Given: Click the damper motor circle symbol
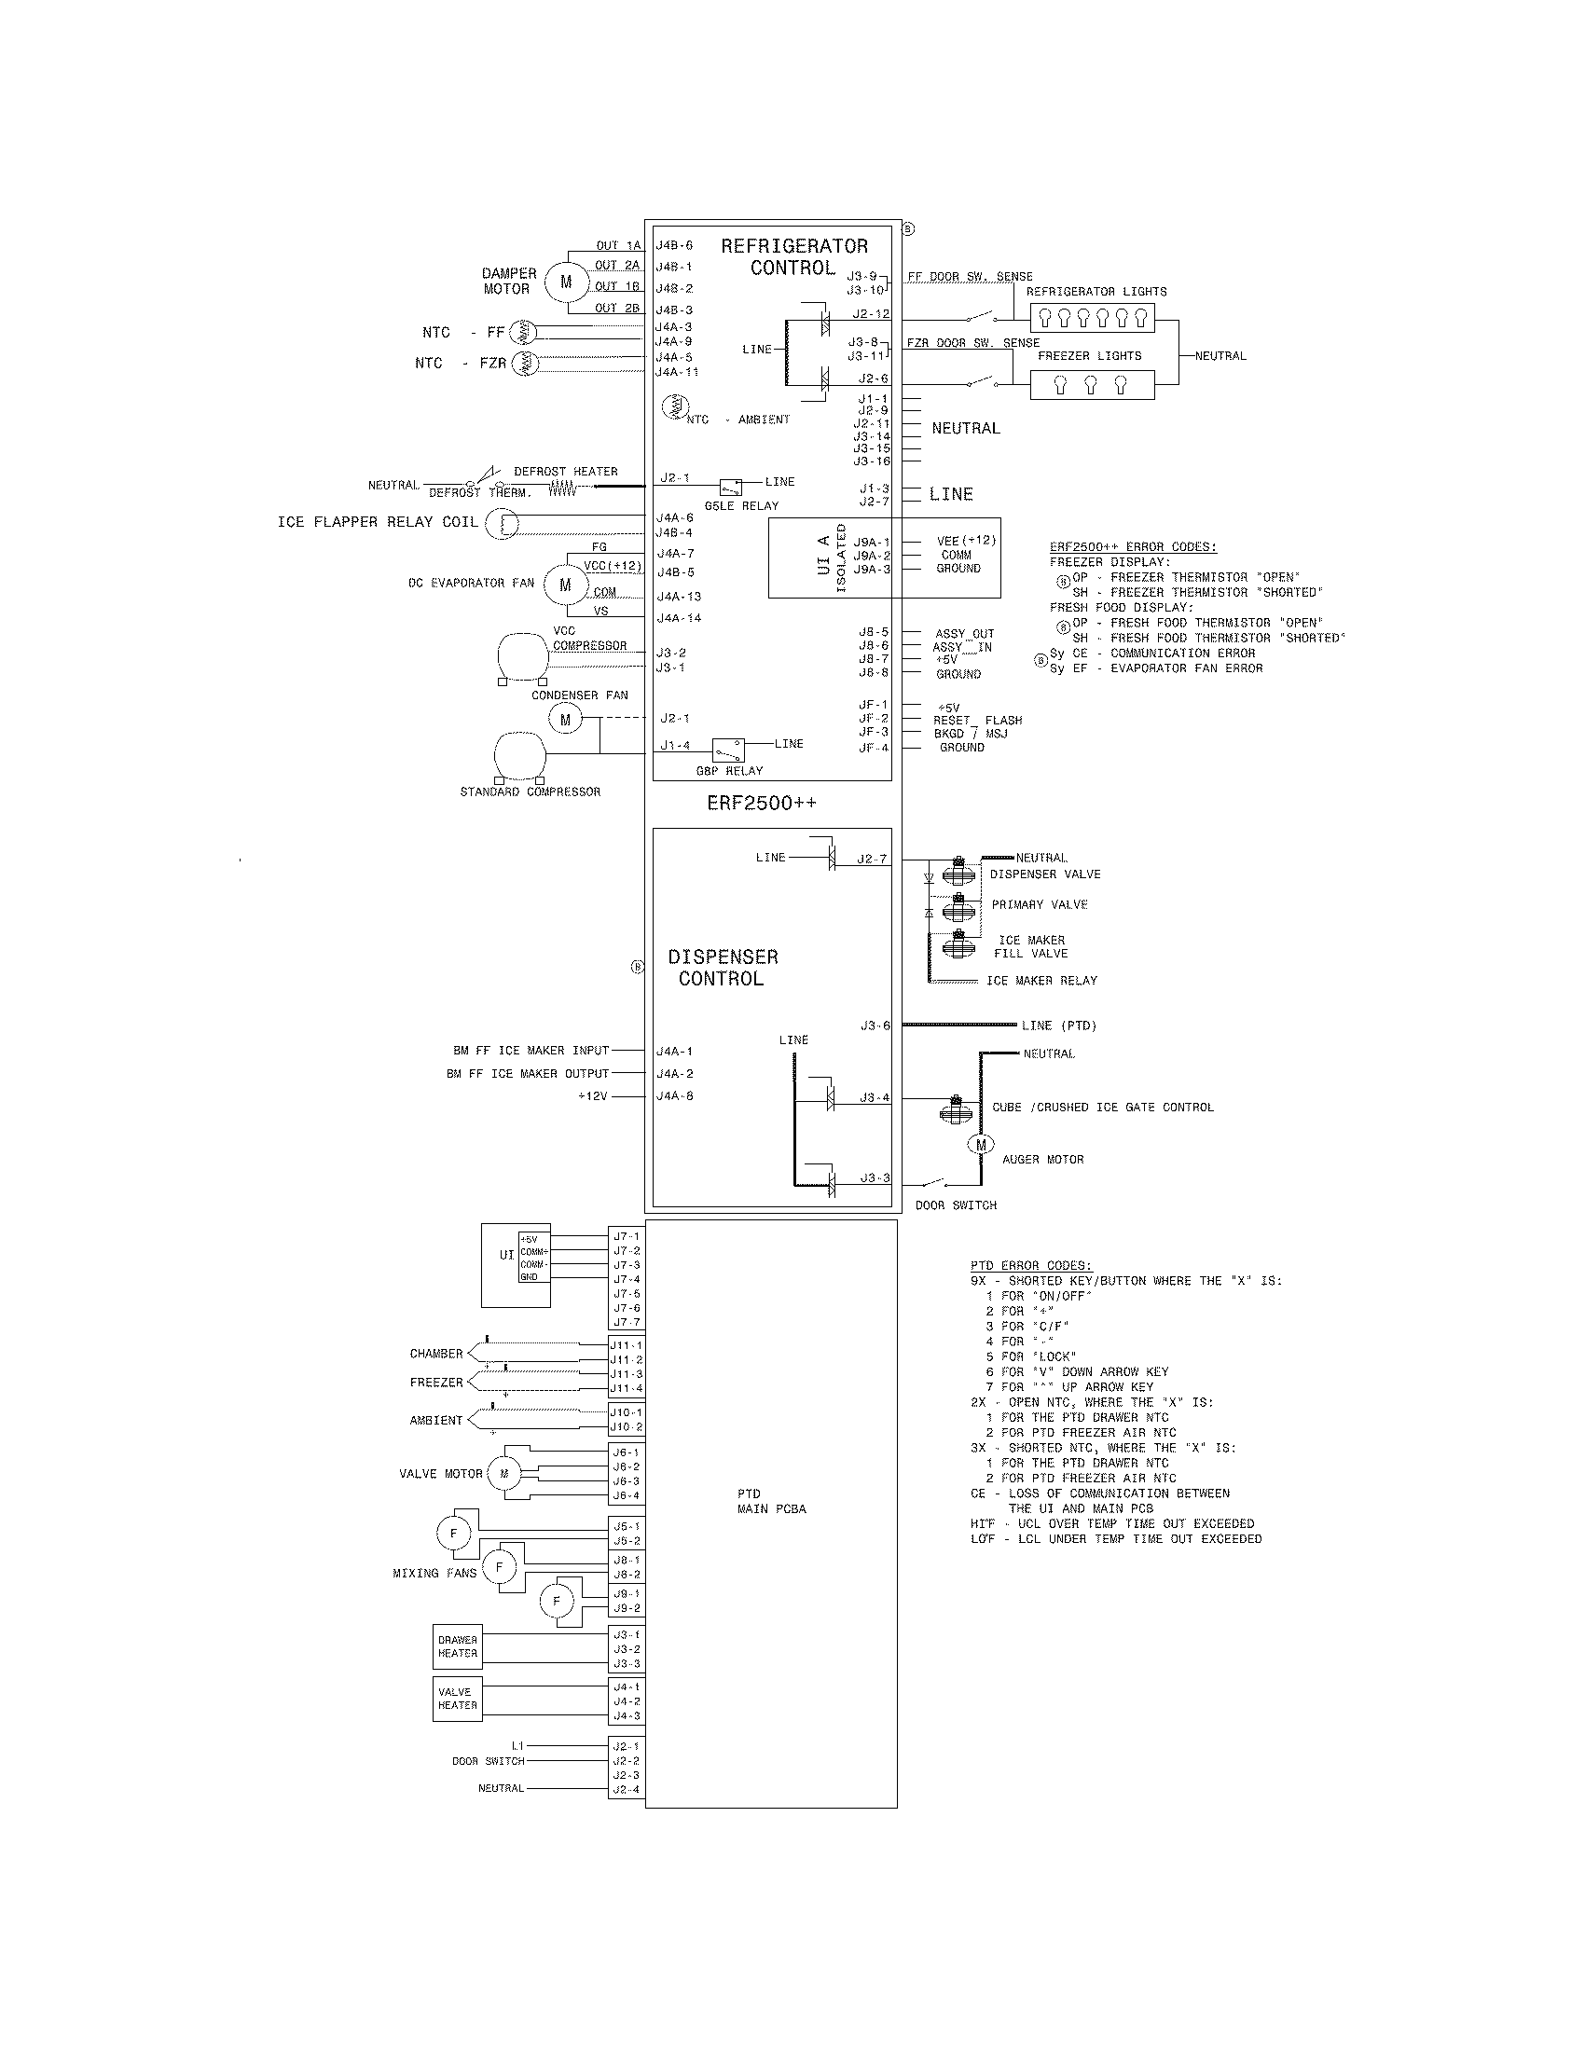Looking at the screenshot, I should (x=565, y=282).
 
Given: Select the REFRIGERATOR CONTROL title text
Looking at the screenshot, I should (x=794, y=256).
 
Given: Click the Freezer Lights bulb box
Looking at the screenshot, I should (x=1091, y=385).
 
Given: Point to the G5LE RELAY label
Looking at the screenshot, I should (x=741, y=505).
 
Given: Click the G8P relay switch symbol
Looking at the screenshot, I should (x=728, y=751).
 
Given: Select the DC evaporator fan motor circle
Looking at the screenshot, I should (x=565, y=585).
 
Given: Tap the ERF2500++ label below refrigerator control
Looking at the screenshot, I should (x=762, y=803).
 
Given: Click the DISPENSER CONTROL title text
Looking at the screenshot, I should (x=722, y=968).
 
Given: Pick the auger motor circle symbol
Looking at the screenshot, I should (x=980, y=1144).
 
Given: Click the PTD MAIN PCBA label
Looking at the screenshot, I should (x=771, y=1501).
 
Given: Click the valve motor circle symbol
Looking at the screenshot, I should (x=504, y=1473).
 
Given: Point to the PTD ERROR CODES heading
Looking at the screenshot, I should (x=1031, y=1265).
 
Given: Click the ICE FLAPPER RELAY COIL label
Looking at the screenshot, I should (x=378, y=522).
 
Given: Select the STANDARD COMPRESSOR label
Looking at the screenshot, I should (x=530, y=791).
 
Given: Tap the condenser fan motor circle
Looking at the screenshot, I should (x=565, y=721).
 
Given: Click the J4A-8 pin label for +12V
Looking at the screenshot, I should (x=674, y=1096).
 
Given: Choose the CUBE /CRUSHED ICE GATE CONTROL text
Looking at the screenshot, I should (x=1102, y=1108).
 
